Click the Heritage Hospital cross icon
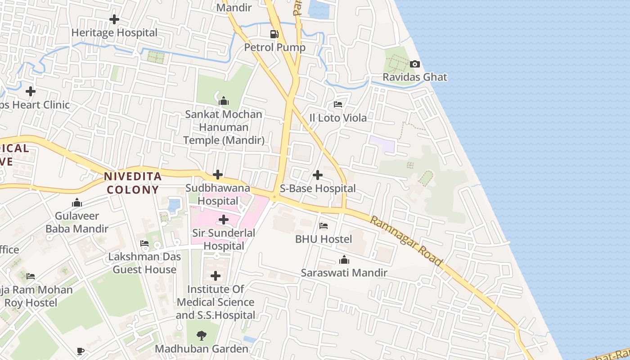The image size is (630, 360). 114,19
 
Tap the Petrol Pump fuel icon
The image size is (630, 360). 274,34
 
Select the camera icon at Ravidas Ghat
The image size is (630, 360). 415,64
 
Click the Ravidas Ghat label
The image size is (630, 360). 415,77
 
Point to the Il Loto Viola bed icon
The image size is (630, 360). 338,104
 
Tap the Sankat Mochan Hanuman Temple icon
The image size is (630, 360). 224,101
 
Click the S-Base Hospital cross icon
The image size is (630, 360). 318,175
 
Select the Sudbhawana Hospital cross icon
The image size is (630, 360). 218,175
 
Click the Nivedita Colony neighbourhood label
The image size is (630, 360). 133,183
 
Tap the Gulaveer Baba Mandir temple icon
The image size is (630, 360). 77,203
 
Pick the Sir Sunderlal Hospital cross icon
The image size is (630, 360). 224,220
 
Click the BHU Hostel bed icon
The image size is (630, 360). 324,226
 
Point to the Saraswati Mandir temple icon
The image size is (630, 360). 344,260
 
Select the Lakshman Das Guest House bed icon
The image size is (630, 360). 144,243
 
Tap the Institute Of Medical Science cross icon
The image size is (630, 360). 216,275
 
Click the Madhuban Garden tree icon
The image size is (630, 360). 201,335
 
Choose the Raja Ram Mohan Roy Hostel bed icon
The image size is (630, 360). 31,276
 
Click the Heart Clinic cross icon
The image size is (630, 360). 31,92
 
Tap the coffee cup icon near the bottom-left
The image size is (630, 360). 80,351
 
